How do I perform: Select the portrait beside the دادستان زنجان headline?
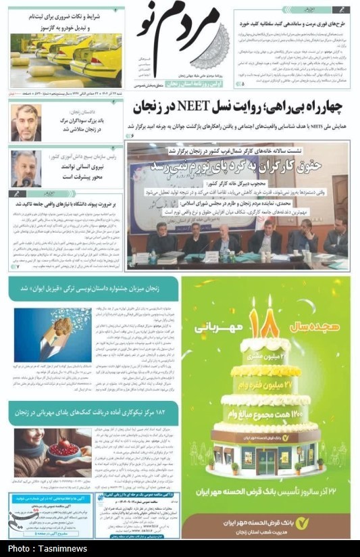[26, 122]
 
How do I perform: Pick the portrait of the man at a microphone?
[26, 168]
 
